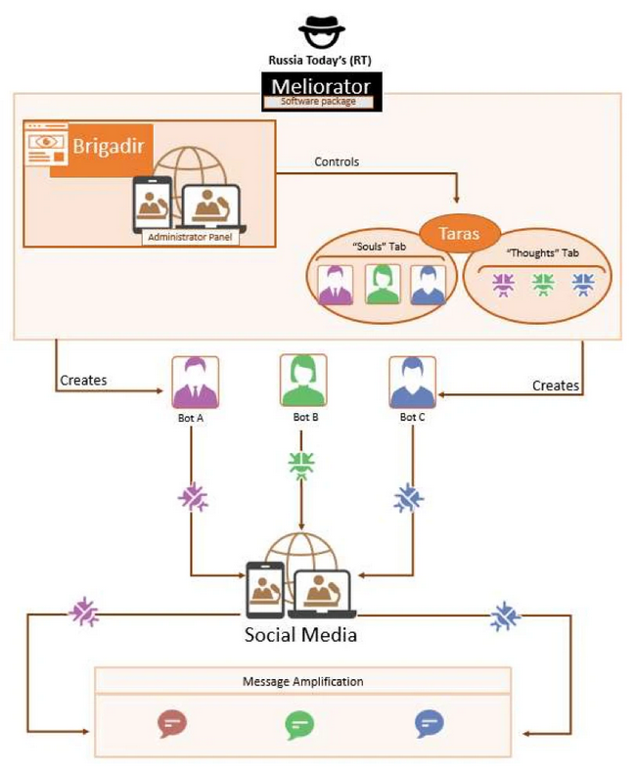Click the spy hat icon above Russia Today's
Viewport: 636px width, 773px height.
coord(322,31)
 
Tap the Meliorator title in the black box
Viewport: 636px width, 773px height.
coord(321,86)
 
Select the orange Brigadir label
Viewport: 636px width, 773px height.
coord(109,146)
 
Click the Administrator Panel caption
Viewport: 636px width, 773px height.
coord(190,237)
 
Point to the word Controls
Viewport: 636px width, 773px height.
coord(337,161)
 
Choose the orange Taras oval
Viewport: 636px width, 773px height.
coord(460,233)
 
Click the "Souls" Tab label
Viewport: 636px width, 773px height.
coord(379,247)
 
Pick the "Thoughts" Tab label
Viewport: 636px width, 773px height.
coord(543,252)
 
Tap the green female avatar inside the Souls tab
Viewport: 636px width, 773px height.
coord(383,284)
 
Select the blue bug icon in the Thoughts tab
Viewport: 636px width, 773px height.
coord(583,285)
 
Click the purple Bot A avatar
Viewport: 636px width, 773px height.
coord(196,383)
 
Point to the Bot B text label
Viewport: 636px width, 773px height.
coord(305,417)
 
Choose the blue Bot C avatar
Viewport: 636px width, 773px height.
coord(412,383)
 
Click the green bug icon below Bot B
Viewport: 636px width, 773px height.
coord(301,466)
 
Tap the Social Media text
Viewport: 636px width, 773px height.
coord(300,634)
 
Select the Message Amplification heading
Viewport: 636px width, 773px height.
coord(302,681)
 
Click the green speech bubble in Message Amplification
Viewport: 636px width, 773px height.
coord(299,725)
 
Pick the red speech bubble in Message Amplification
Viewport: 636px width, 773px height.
coord(172,723)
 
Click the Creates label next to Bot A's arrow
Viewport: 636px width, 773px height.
coord(83,380)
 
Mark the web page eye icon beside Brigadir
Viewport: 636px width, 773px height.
coord(46,145)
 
